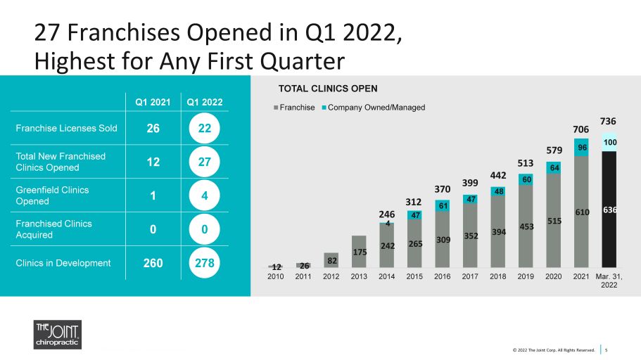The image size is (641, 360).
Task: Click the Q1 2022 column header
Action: [x=204, y=102]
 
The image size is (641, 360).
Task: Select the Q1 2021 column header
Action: [x=153, y=102]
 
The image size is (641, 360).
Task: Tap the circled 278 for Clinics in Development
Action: [x=204, y=263]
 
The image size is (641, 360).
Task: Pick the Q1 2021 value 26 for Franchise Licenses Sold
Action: [x=153, y=128]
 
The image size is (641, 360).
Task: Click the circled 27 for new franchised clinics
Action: [x=204, y=162]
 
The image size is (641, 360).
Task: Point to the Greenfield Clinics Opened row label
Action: [x=52, y=195]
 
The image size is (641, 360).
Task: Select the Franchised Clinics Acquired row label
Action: [x=54, y=229]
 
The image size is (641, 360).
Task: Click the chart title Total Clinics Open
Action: [x=328, y=89]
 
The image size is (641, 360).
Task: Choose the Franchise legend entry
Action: [x=294, y=108]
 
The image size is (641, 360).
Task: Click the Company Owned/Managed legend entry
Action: [x=374, y=108]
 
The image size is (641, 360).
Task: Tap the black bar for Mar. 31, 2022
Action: [x=609, y=210]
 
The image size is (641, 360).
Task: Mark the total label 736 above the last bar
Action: [x=608, y=122]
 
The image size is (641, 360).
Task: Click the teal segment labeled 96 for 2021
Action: [x=581, y=147]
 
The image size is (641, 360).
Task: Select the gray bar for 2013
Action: [x=359, y=251]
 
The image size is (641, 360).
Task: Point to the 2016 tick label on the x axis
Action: [x=443, y=276]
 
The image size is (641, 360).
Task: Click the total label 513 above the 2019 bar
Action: [x=526, y=163]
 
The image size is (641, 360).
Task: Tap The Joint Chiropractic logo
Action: [x=58, y=335]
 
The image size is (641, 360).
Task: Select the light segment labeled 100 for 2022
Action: [x=609, y=142]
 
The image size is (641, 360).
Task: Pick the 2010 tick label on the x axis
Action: [x=276, y=276]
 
